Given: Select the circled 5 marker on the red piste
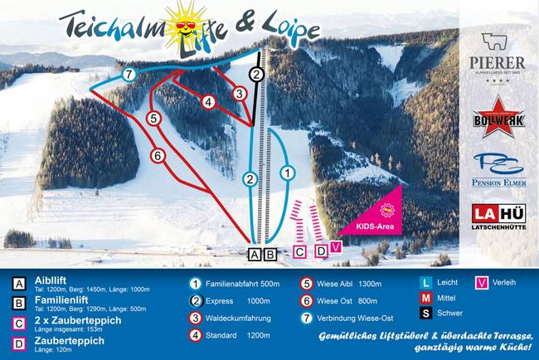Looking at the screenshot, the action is (x=153, y=119).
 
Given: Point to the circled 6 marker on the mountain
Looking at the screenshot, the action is (x=156, y=154).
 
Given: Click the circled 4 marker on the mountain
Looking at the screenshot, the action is (x=209, y=101).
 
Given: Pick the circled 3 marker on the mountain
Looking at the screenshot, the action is (x=239, y=94).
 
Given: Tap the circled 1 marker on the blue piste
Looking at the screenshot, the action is (x=287, y=173).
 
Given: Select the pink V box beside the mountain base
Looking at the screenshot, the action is (x=336, y=247).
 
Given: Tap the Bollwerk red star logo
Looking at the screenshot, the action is (x=498, y=117).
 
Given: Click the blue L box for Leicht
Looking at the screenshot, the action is (x=425, y=282).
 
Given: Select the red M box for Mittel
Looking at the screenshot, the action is (x=425, y=297).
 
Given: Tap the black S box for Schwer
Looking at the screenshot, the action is (x=425, y=312).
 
